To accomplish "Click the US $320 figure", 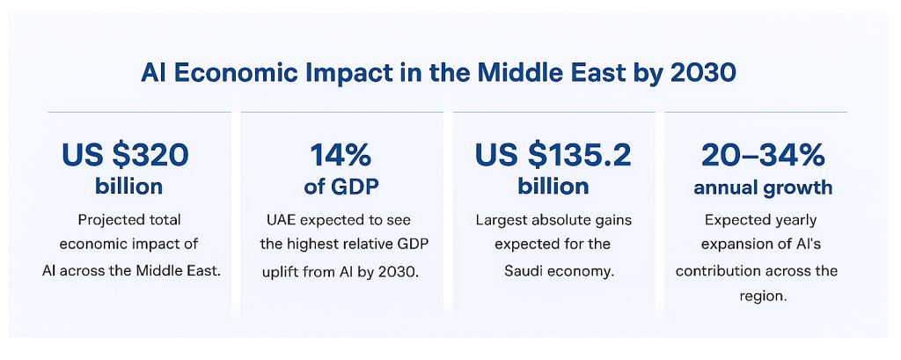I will pos(125,156).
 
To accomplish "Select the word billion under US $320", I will pos(129,187).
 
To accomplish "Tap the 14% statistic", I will pos(341,156).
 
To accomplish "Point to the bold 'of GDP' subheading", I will pos(341,187).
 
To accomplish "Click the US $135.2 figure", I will pos(553,156).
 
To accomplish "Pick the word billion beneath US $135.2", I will pos(553,187).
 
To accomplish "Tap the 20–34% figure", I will pos(763,156).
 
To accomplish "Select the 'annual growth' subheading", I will pos(763,187).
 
